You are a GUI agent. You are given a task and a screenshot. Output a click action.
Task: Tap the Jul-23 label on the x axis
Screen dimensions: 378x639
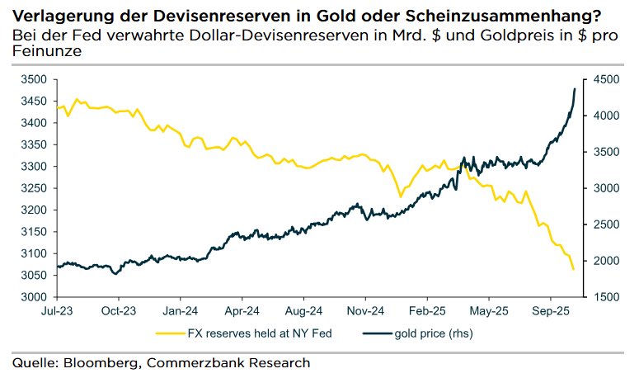point(57,312)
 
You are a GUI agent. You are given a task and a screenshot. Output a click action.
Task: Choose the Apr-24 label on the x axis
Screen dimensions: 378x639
point(241,312)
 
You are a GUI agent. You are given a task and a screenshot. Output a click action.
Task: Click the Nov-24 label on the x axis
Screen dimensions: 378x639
point(364,312)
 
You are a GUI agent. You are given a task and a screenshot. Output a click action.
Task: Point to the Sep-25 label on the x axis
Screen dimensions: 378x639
point(550,312)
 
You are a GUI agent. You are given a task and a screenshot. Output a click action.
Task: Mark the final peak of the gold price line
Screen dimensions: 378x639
point(575,88)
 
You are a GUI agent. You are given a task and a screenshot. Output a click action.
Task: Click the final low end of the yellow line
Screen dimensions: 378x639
point(574,269)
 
